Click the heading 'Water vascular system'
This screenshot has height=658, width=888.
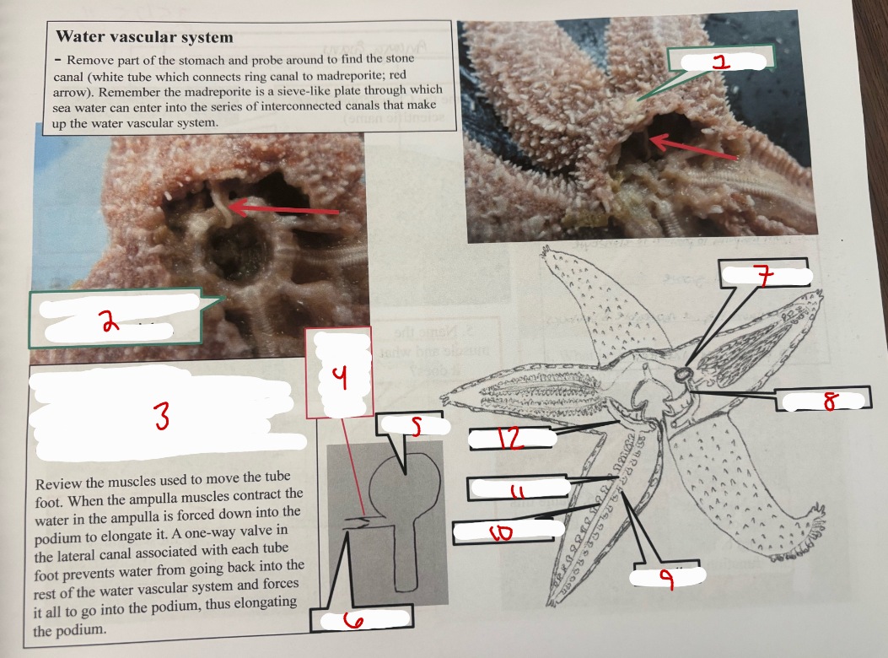[x=144, y=37]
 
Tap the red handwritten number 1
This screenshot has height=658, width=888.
[x=718, y=61]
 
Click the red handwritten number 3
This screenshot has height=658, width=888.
[x=161, y=415]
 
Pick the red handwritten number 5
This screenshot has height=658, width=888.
[x=415, y=428]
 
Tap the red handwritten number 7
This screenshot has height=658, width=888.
[x=763, y=276]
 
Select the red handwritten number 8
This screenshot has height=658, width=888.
[x=831, y=402]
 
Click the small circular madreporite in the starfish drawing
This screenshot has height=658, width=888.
[x=682, y=373]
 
